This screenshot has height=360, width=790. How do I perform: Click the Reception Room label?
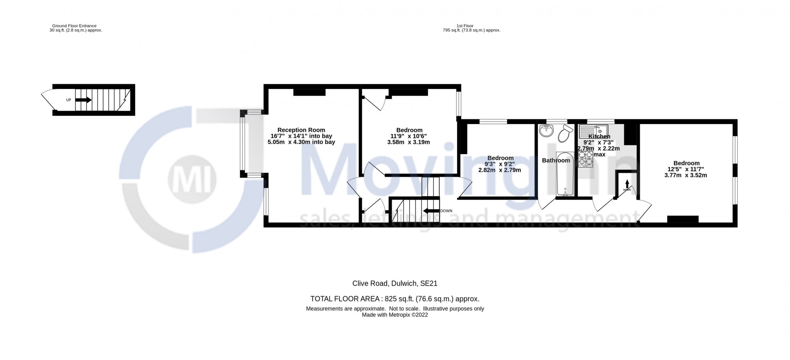(x=301, y=130)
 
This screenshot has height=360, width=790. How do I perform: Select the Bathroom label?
(x=556, y=160)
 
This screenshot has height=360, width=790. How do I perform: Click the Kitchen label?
(x=599, y=136)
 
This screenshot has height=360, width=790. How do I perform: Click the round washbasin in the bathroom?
(x=547, y=131)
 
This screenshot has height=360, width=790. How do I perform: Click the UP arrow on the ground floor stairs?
(x=83, y=100)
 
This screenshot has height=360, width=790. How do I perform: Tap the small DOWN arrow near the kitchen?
(x=627, y=184)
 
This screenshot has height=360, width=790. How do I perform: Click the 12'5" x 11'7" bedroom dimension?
(x=686, y=169)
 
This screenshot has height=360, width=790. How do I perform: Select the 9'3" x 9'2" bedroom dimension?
(x=500, y=164)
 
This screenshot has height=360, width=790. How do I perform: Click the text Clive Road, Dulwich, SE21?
(x=395, y=283)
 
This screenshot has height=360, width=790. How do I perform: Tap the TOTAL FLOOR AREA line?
(x=395, y=299)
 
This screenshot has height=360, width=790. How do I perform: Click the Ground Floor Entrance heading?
(x=74, y=26)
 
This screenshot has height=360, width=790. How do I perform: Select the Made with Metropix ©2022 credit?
(x=395, y=315)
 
